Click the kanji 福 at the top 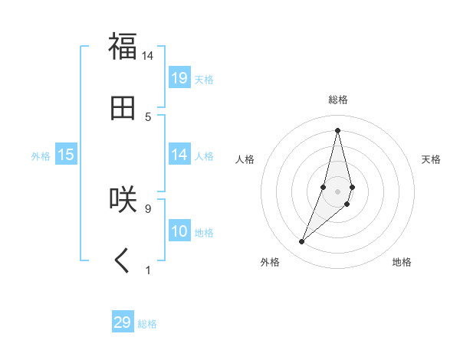(123, 46)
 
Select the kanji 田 (123, 107)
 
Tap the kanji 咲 (123, 198)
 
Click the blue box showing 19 (179, 77)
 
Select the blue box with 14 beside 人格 (179, 155)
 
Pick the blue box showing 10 (179, 231)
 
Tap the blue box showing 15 (66, 155)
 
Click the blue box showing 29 (123, 322)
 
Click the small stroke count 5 (148, 116)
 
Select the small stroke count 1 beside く (148, 270)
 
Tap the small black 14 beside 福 (147, 55)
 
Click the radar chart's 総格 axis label (337, 100)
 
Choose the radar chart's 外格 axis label (270, 262)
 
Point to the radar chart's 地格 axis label (402, 262)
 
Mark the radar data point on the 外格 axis (302, 242)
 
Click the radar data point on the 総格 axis (337, 129)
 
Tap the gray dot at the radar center (337, 191)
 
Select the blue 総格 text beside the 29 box (147, 324)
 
